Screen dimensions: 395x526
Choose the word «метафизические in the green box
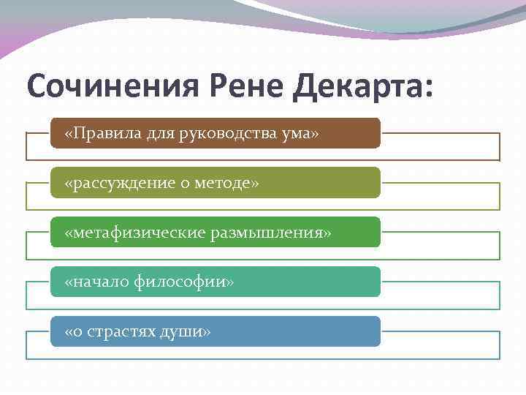(125, 232)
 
